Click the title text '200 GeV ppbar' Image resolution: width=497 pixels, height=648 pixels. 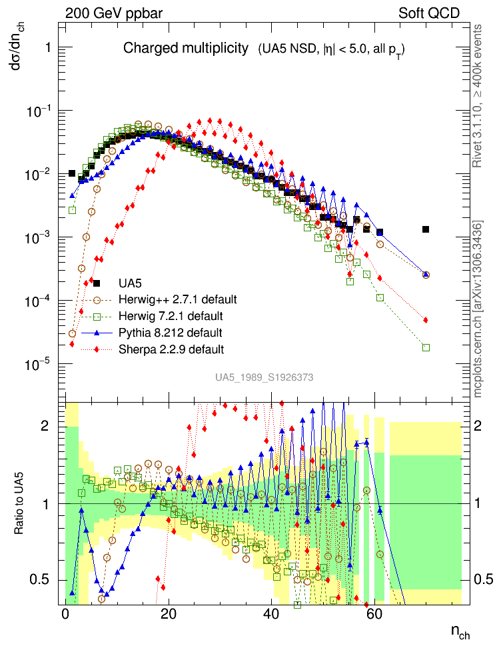(x=107, y=13)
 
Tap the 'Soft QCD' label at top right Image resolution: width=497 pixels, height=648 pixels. (x=429, y=13)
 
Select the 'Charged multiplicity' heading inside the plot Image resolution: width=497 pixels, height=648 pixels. (x=186, y=49)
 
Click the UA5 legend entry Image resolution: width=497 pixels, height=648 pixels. (x=130, y=283)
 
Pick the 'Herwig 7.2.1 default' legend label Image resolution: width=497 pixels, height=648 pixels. (x=171, y=315)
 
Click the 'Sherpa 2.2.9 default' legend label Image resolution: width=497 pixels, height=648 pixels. (x=171, y=349)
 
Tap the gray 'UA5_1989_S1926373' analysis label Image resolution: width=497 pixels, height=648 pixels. (x=264, y=377)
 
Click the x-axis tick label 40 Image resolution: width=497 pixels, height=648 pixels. (x=270, y=614)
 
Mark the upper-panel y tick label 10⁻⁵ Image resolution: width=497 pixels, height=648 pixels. (x=41, y=363)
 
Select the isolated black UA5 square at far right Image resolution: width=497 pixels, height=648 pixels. (x=426, y=229)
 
